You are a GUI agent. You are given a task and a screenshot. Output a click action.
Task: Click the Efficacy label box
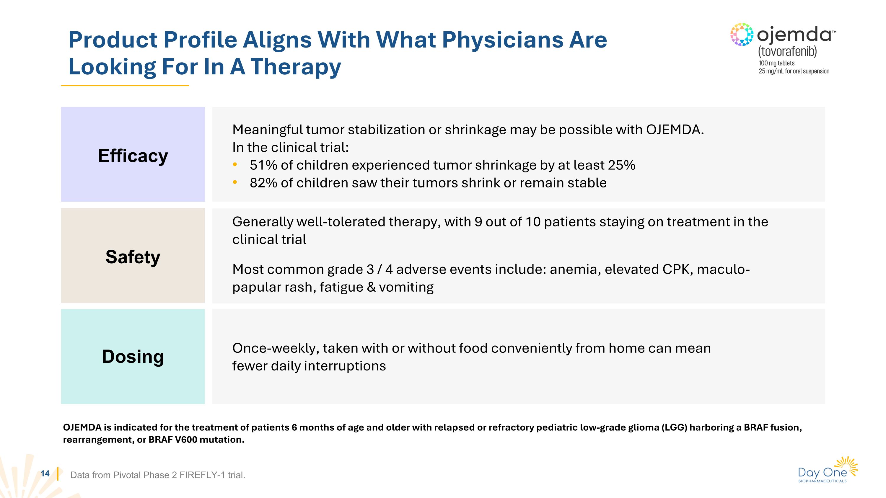coord(133,154)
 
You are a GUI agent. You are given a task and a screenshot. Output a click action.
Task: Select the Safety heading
coord(133,257)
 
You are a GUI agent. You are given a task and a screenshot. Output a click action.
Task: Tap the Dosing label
coord(133,356)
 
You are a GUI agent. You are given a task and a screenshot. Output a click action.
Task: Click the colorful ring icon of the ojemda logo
coord(742,34)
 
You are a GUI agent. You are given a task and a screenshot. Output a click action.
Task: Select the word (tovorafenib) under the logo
coord(787,52)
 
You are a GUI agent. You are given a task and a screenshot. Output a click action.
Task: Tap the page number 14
coord(45,473)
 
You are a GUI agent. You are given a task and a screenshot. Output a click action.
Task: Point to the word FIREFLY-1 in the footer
coord(202,475)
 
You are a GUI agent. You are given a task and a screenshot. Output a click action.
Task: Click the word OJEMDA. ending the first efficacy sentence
coord(675,130)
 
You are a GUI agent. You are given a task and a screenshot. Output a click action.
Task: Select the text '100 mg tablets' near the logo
coord(776,63)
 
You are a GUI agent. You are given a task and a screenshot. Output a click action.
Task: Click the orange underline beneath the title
coord(125,86)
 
